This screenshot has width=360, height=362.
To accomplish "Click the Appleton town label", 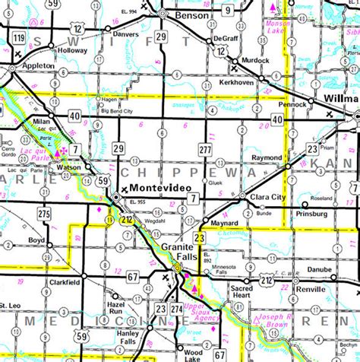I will pos(37,65).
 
